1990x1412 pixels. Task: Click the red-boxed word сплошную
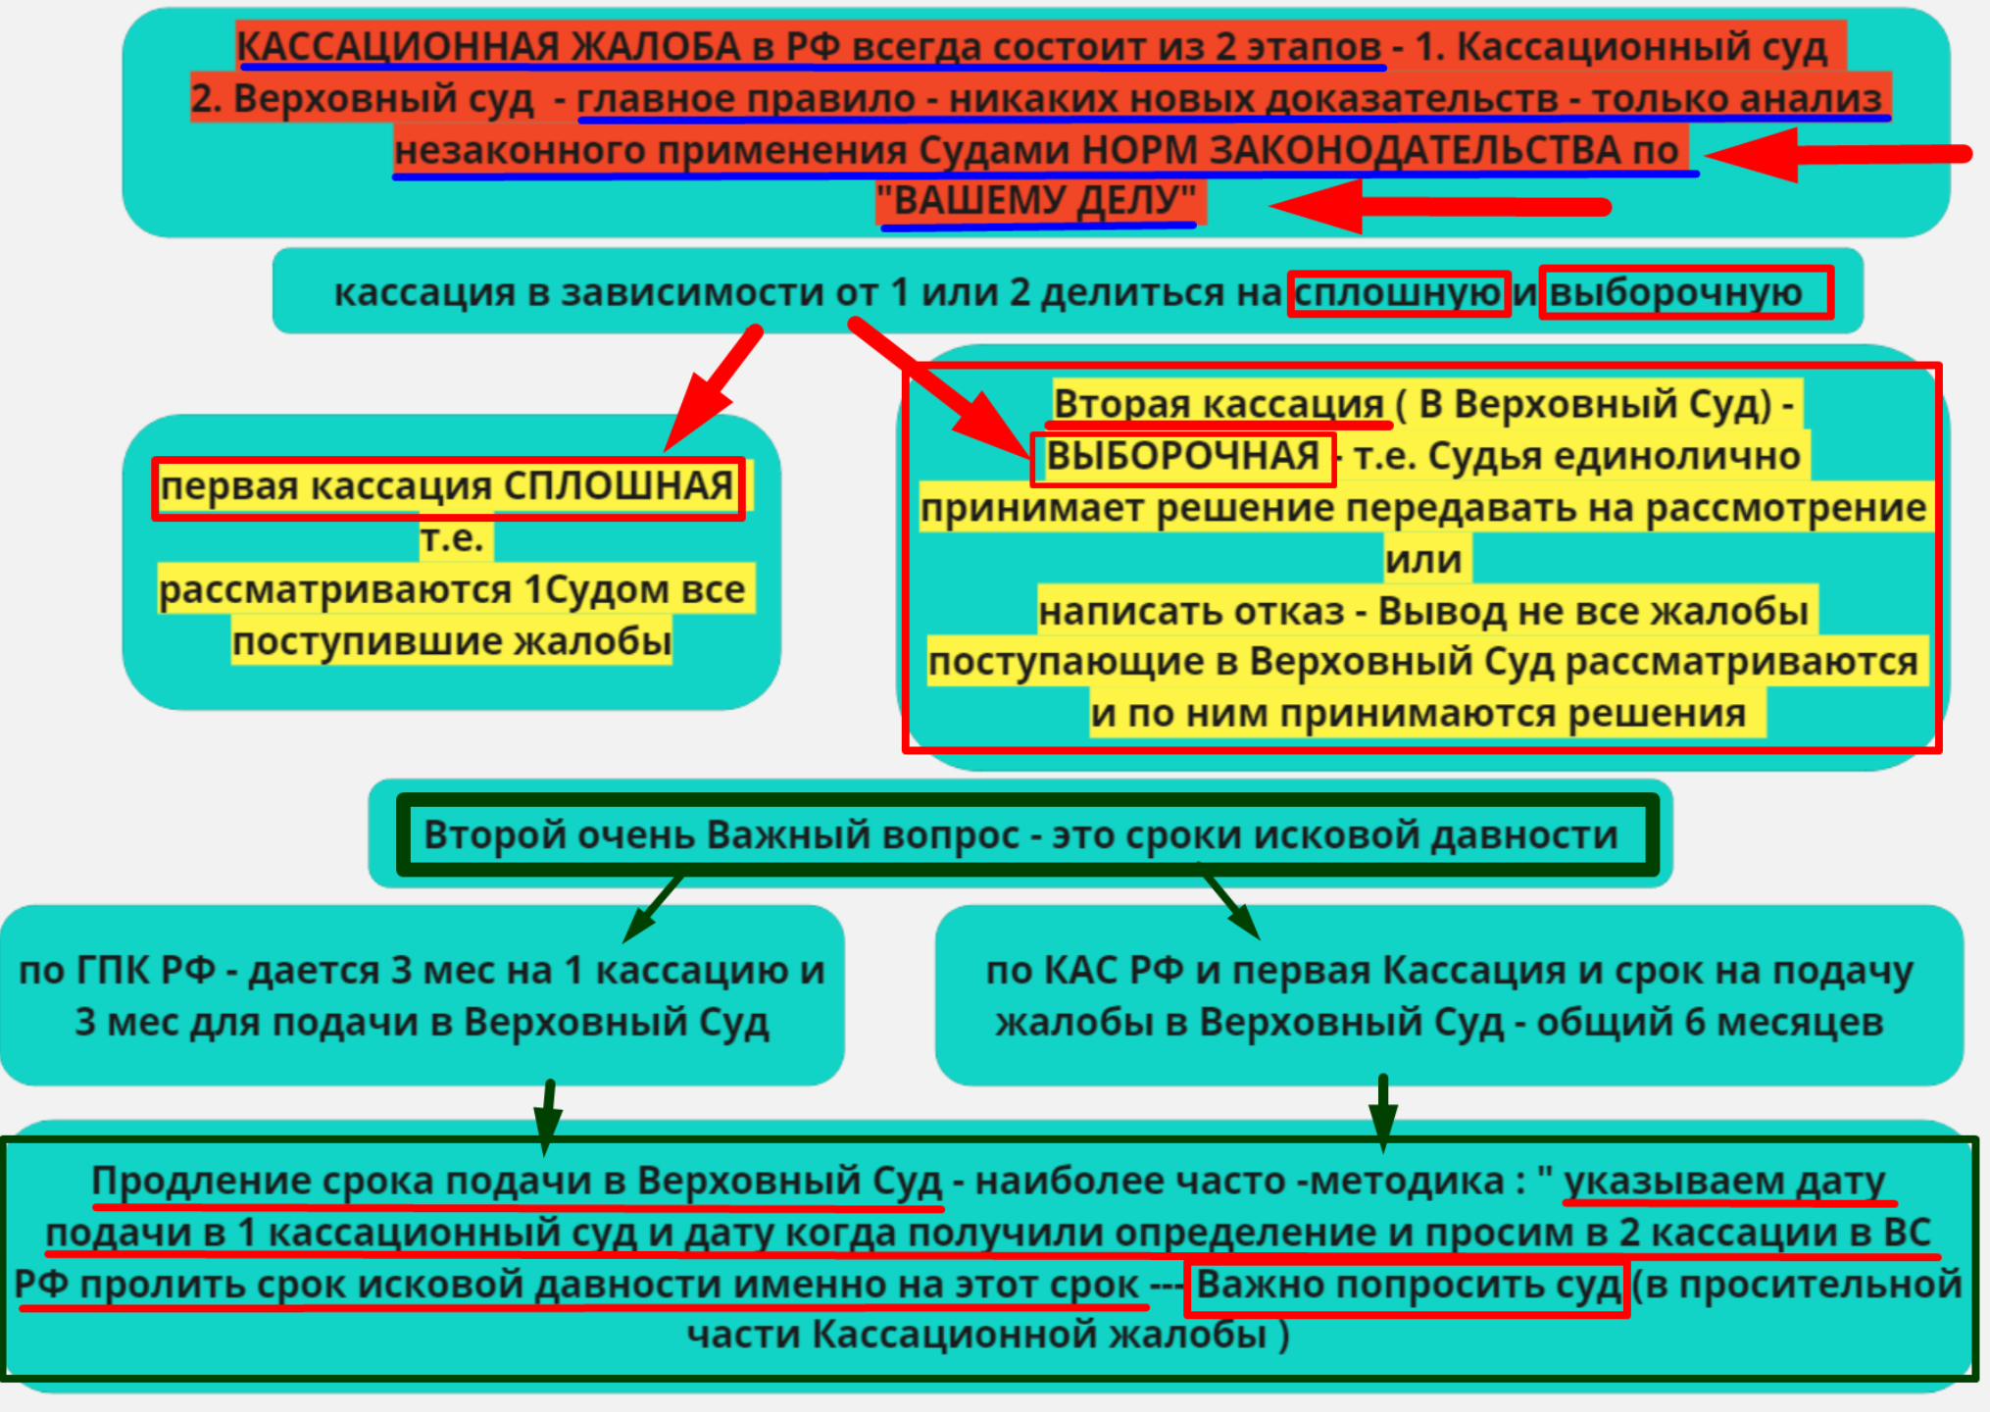click(x=1398, y=292)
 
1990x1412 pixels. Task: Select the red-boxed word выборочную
click(x=1676, y=292)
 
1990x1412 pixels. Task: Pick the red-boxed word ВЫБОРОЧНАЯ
click(x=1182, y=457)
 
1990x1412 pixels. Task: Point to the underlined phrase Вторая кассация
click(x=1218, y=404)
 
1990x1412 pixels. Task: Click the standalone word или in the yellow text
click(x=1422, y=560)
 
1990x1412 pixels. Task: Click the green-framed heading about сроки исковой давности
click(x=1020, y=835)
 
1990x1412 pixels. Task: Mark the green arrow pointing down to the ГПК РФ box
click(x=654, y=906)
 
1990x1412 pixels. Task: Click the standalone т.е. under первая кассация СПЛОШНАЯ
click(x=452, y=538)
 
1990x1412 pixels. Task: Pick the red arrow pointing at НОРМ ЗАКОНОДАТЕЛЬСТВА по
click(x=1833, y=154)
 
